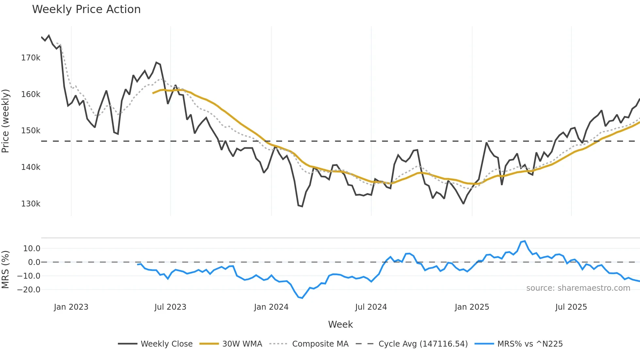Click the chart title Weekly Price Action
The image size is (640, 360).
coord(86,9)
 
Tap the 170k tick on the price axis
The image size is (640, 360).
coord(31,58)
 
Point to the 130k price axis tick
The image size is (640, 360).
coord(31,204)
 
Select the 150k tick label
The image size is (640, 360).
coord(31,131)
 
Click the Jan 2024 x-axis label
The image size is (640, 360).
coord(271,307)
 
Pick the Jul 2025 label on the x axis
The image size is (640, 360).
coord(571,307)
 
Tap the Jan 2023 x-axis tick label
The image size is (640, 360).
coord(71,307)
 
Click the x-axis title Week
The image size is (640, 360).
coord(340,324)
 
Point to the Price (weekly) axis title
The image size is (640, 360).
coord(6,121)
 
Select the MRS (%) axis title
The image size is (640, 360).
coord(6,270)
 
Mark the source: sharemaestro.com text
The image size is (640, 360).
coord(578,288)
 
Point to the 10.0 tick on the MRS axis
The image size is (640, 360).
coord(32,249)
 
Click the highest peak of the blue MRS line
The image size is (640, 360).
coord(525,241)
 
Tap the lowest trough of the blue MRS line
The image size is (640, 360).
coord(302,298)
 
